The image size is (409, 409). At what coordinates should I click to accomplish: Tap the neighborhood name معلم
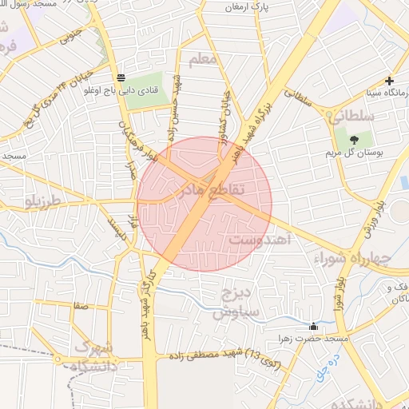[204, 60]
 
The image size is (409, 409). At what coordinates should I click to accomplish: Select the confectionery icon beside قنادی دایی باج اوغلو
[121, 77]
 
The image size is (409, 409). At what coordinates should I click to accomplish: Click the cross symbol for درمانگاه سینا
[389, 81]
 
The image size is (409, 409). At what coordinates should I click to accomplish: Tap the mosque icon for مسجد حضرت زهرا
[313, 326]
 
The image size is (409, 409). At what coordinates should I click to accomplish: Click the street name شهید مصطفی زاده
[208, 354]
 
